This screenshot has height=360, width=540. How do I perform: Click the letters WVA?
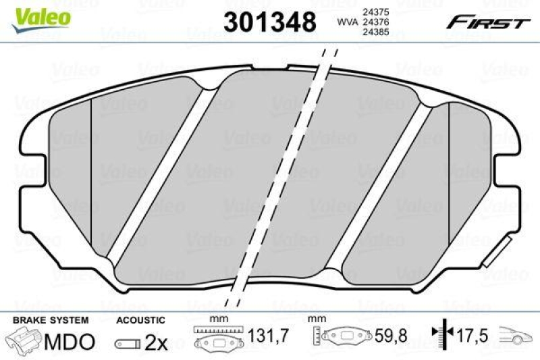coord(347,23)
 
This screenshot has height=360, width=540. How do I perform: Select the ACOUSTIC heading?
coord(140,319)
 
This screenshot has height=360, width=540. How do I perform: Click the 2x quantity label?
coord(157,343)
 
